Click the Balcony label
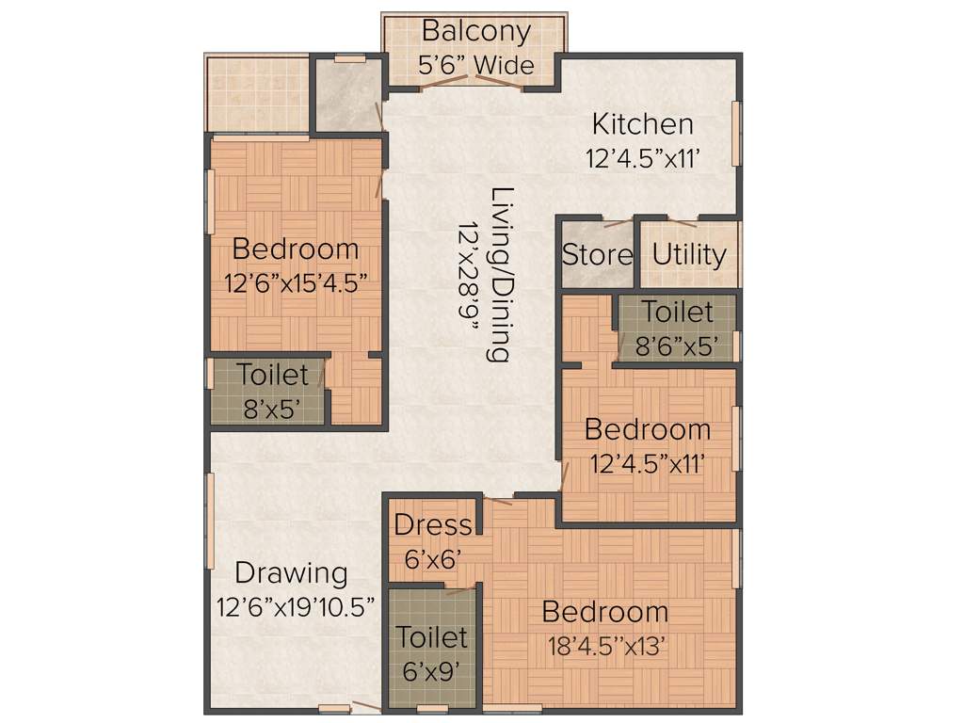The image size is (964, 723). (475, 31)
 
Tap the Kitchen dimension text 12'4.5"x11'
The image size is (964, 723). (644, 159)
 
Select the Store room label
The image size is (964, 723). (598, 255)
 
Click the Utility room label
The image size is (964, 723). (689, 255)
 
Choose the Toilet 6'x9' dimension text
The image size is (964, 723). (431, 671)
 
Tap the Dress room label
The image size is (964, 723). (432, 525)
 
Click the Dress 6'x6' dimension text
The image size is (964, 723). (432, 559)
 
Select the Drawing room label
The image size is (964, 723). (291, 572)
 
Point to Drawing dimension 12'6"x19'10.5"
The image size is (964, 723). (297, 605)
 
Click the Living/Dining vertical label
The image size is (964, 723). (501, 274)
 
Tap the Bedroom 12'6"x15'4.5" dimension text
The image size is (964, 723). (296, 283)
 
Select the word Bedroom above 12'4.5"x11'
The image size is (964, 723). (648, 429)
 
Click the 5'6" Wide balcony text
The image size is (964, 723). (475, 65)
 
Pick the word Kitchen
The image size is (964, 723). (642, 124)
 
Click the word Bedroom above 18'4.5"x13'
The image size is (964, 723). (605, 612)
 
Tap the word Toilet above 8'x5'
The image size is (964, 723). (273, 375)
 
